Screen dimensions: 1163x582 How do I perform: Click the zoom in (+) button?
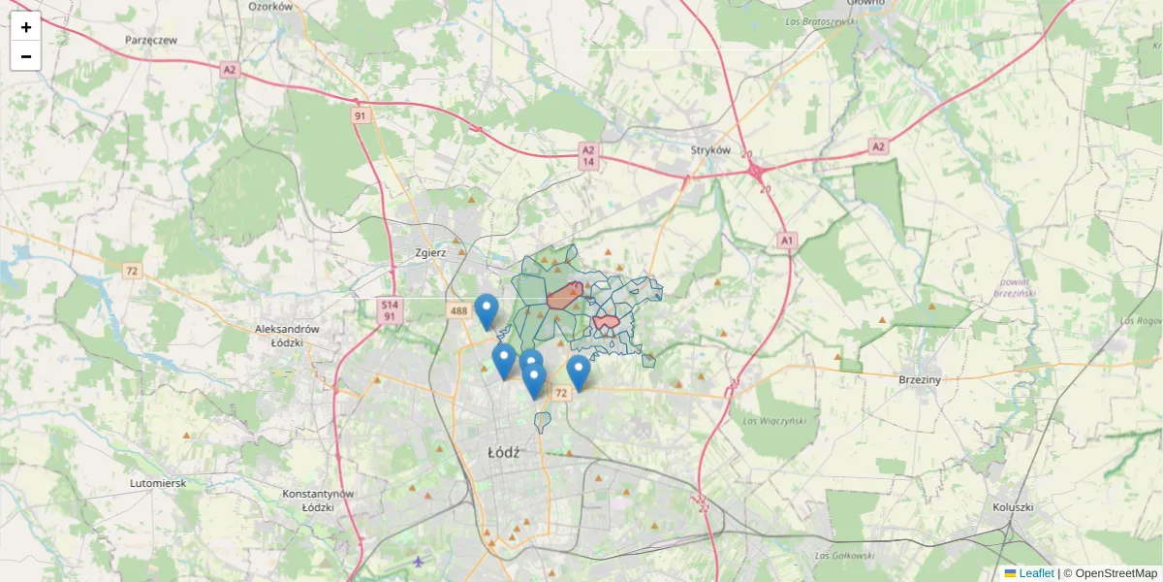(x=26, y=27)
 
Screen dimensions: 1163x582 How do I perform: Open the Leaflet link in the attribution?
(x=1035, y=573)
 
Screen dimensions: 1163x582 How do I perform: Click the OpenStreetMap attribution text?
(x=1116, y=573)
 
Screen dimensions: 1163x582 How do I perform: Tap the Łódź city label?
(x=504, y=452)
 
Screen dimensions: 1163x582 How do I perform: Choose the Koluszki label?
(x=1014, y=507)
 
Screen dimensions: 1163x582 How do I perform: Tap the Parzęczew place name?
(x=151, y=41)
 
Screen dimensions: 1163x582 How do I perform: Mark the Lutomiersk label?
(x=157, y=482)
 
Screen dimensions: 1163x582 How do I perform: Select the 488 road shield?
(x=458, y=310)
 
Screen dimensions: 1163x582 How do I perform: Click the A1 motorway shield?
(x=786, y=239)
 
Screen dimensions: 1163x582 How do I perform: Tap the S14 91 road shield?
(x=389, y=310)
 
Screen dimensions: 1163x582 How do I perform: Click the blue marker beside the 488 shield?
(x=487, y=308)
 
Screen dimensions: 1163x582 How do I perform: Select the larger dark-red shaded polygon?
(x=564, y=297)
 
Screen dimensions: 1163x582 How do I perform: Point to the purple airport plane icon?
(x=419, y=561)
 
